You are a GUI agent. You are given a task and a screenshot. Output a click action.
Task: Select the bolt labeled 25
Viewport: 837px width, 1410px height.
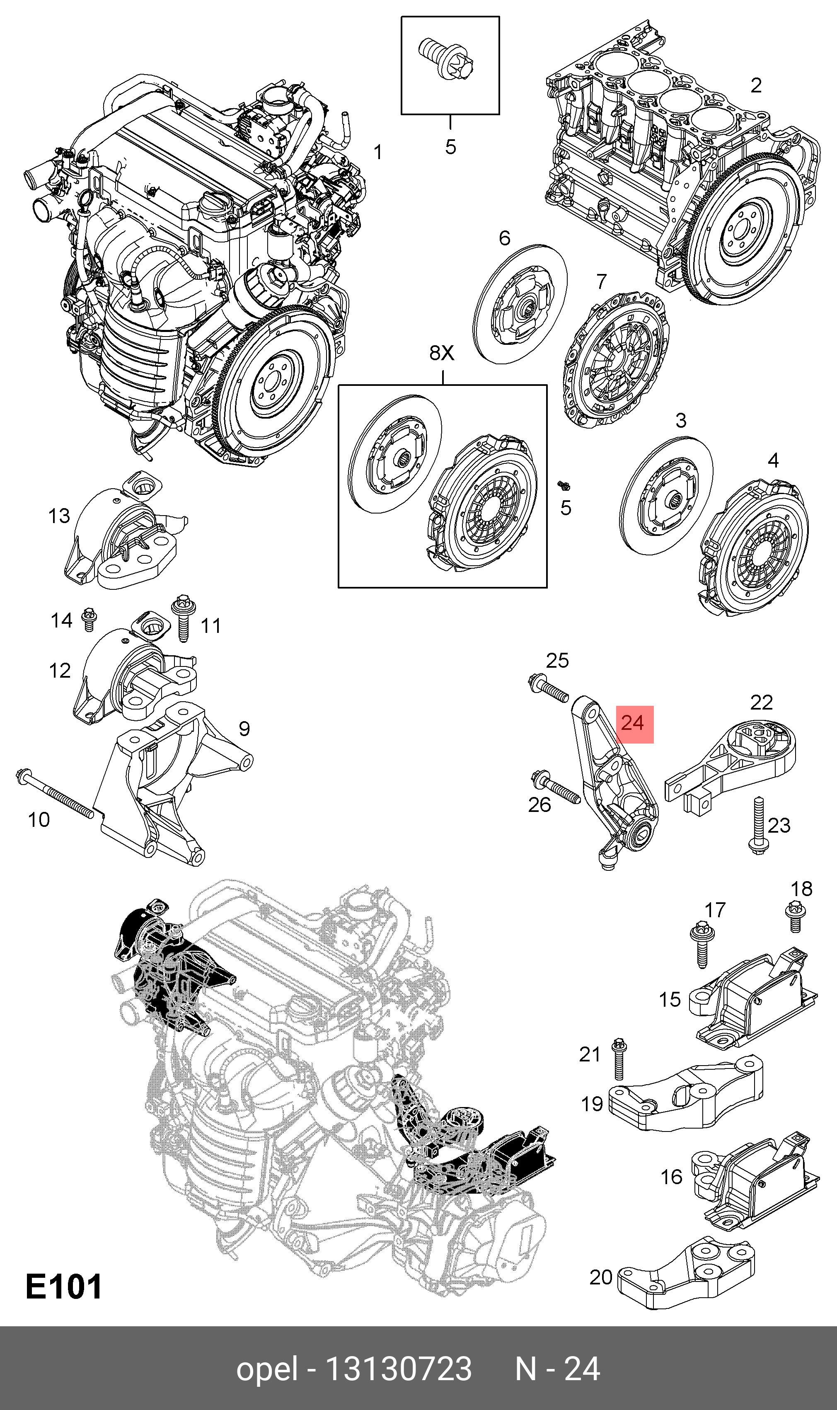click(548, 689)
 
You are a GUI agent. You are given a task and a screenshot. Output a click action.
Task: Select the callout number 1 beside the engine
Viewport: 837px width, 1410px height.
click(378, 152)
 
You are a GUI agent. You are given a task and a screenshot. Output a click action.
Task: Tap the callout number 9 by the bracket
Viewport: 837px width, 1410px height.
click(244, 729)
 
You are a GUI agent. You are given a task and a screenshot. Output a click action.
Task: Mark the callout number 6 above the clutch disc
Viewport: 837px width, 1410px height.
click(504, 238)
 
